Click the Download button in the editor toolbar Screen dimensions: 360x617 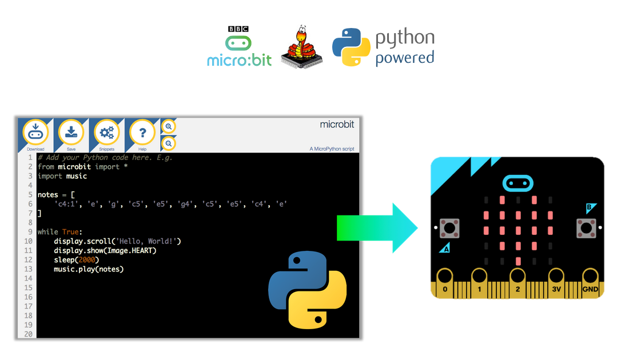35,133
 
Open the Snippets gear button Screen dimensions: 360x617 106,133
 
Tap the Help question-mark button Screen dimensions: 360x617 142,133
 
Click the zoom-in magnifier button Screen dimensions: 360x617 169,126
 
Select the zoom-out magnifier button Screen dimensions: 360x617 169,143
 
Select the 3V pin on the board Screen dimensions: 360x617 556,285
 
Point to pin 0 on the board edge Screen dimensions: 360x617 445,285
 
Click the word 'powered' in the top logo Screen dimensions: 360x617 404,58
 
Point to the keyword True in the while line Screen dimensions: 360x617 72,232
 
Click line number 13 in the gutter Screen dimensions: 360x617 29,269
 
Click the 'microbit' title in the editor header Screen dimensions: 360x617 337,125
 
